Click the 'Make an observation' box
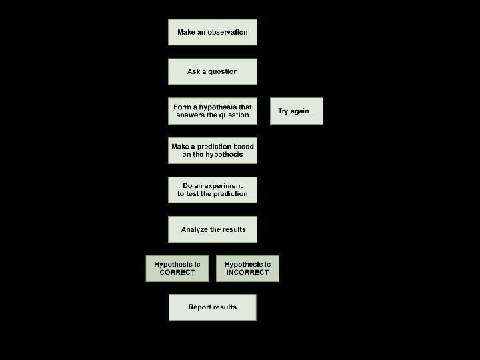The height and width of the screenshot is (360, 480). coord(212,32)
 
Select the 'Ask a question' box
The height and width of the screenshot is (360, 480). coord(212,71)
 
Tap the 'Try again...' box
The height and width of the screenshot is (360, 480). coord(297,111)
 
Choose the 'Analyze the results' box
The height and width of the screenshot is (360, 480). coord(212,229)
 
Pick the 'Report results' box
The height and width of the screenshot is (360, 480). coord(212,307)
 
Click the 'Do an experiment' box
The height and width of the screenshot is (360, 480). coord(212,190)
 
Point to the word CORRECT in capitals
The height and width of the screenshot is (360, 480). coord(177,273)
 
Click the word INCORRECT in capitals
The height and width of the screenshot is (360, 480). coord(247,273)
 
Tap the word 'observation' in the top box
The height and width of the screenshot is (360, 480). coord(227,32)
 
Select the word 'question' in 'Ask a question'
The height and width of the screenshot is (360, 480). coord(223,71)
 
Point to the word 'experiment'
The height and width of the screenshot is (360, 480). coord(224,186)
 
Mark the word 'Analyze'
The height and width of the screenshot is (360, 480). coord(194,229)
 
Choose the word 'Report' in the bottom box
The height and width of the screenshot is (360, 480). coord(199,307)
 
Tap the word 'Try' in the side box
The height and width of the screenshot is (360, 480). coord(283,111)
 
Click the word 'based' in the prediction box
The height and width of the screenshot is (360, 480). coord(243,147)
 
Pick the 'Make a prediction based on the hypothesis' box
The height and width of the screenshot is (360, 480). coord(212,151)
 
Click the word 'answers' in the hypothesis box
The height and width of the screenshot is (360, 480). coord(189,115)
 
